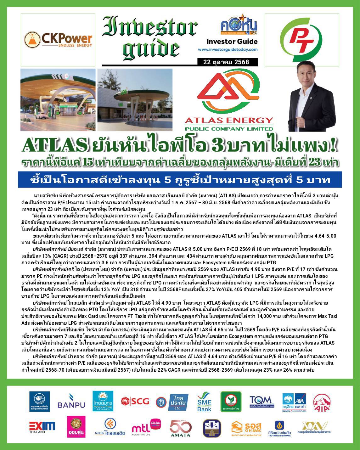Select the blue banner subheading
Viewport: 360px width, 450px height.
[180, 180]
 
